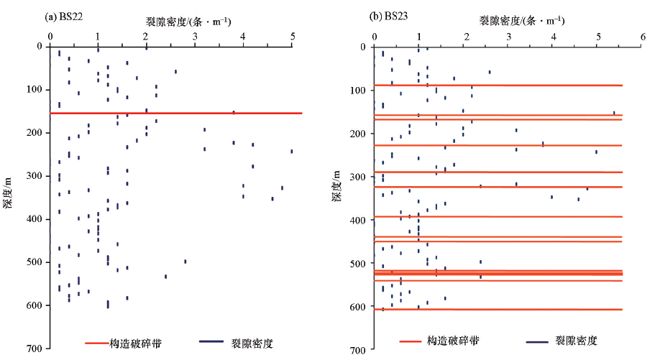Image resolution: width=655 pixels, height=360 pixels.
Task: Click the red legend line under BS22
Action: (x=102, y=343)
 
